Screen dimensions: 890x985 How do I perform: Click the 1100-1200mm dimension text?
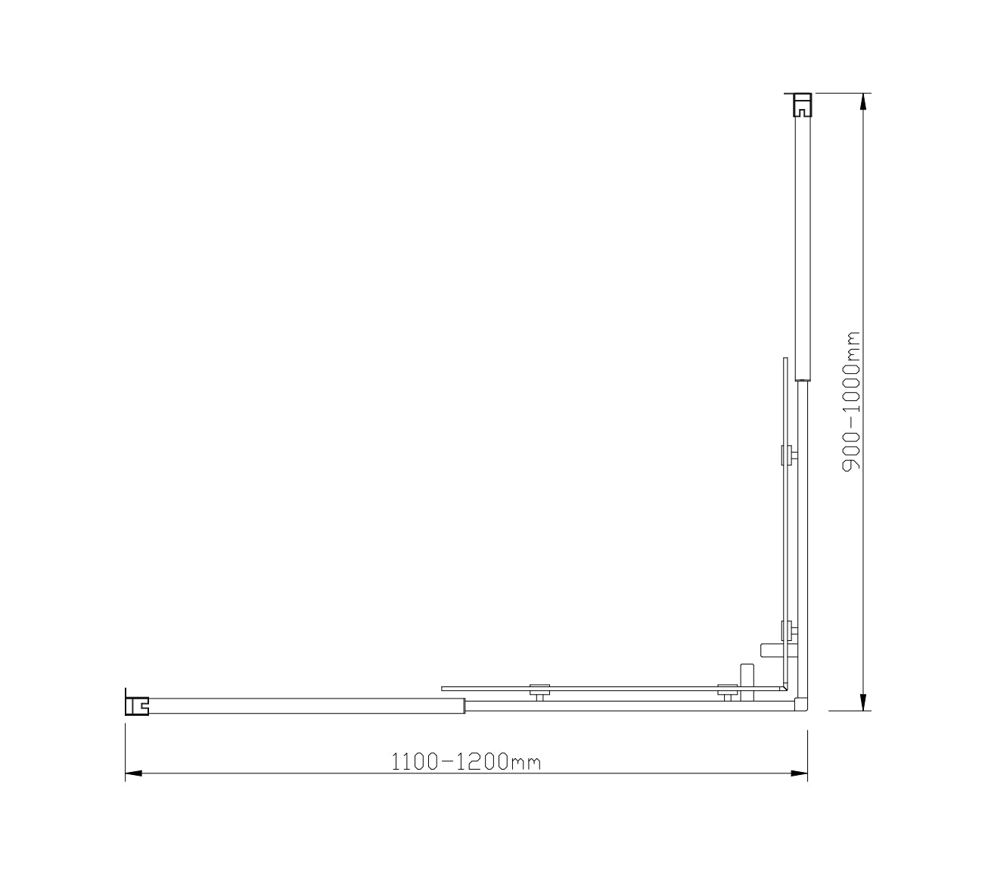466,761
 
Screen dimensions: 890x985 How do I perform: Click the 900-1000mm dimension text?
852,401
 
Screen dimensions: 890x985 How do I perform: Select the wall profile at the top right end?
801,104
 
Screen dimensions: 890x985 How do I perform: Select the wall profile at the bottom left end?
136,705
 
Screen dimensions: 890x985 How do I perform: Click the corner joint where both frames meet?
802,705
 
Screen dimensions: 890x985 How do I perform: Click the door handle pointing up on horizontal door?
747,673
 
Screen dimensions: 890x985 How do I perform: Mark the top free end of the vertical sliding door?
785,360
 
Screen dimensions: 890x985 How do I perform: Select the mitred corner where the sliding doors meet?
785,688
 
